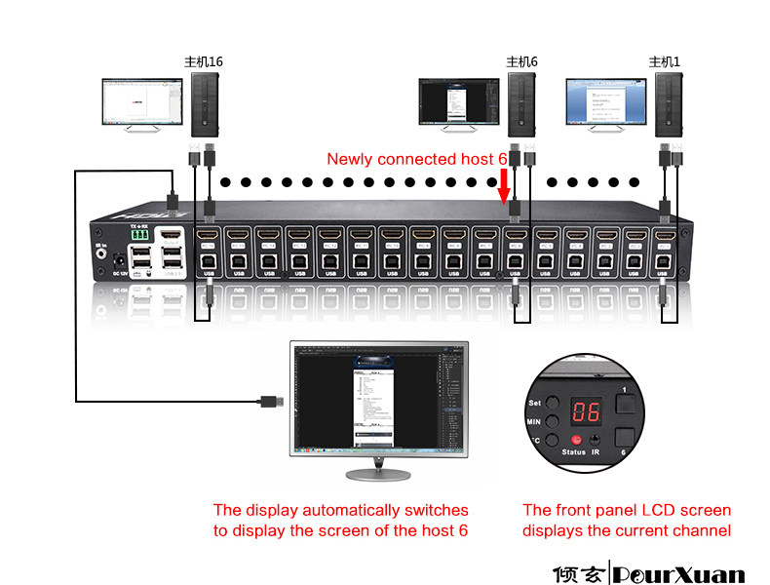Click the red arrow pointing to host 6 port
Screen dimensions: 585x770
(505, 184)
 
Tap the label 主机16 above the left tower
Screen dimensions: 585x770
(204, 61)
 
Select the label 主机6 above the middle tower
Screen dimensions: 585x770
(521, 61)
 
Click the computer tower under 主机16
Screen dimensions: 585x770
(206, 104)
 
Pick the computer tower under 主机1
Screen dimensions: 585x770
(668, 104)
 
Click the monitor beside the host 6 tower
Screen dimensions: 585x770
(456, 102)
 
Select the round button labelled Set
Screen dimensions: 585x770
(553, 402)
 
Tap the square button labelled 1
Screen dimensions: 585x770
(625, 401)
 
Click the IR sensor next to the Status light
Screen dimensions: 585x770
(596, 442)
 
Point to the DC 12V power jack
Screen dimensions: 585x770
(119, 262)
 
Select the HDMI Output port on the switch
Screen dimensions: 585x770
(172, 236)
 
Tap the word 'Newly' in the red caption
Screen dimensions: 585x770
(349, 159)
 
